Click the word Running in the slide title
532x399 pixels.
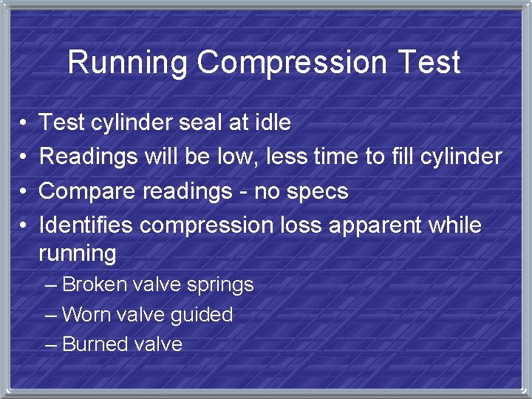tap(128, 62)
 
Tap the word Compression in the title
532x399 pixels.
tap(291, 62)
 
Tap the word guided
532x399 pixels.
tap(201, 316)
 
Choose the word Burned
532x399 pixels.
tap(91, 344)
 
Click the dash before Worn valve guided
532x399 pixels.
tap(51, 315)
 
